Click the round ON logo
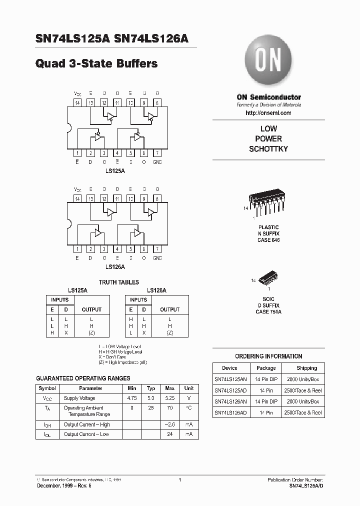point(268,62)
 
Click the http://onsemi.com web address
point(268,113)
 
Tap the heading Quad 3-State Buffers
point(97,63)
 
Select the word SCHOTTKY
point(268,149)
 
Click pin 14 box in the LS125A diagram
point(77,102)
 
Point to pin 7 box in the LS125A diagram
point(157,153)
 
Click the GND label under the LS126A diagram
point(157,258)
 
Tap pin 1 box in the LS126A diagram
point(77,248)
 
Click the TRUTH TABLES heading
point(118,282)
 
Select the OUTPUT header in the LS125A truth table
point(91,309)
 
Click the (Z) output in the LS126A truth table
point(169,332)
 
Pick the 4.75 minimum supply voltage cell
point(132,398)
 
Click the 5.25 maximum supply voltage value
point(170,398)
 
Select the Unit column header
point(189,388)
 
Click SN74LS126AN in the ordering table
point(230,401)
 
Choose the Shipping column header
point(305,367)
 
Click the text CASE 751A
point(268,312)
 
